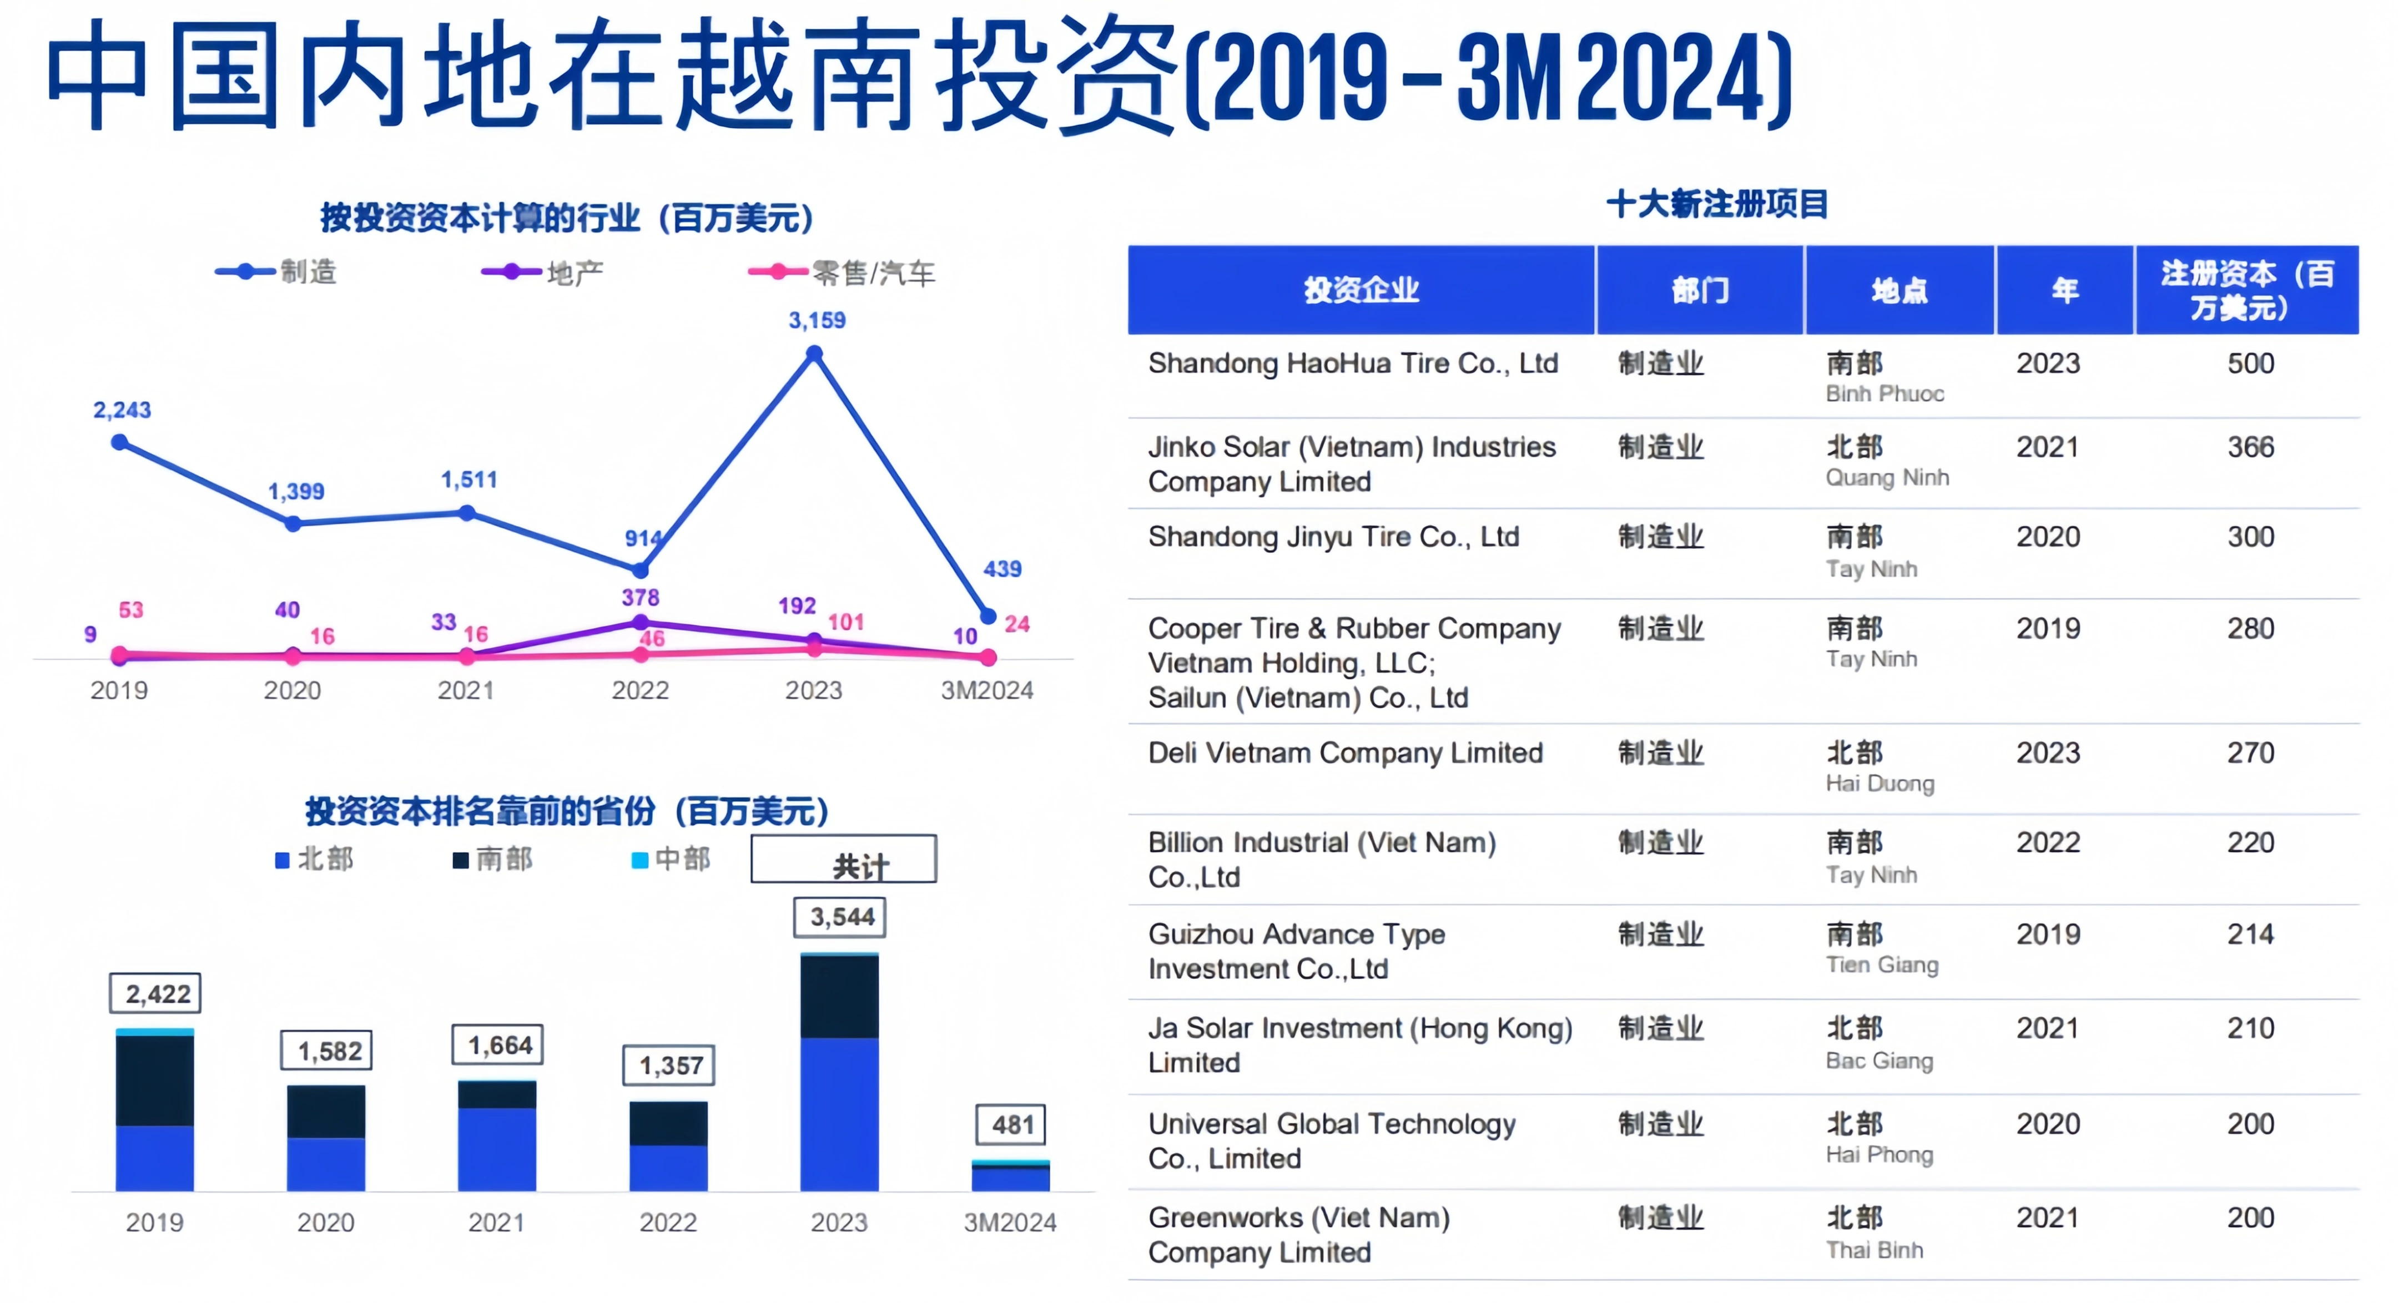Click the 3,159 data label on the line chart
[817, 320]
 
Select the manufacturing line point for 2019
[119, 443]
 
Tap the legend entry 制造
[276, 272]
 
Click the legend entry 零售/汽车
[842, 272]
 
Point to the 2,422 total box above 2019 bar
[155, 994]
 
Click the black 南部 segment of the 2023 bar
[840, 997]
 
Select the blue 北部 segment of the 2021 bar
[497, 1149]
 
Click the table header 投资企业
[1361, 290]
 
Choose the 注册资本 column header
[2247, 290]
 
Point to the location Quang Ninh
[1887, 477]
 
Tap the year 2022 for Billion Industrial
[2048, 842]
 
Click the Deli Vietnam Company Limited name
[1345, 753]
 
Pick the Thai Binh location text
[1874, 1250]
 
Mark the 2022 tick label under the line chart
[641, 690]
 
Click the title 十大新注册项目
[1717, 204]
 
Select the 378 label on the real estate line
[641, 598]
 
